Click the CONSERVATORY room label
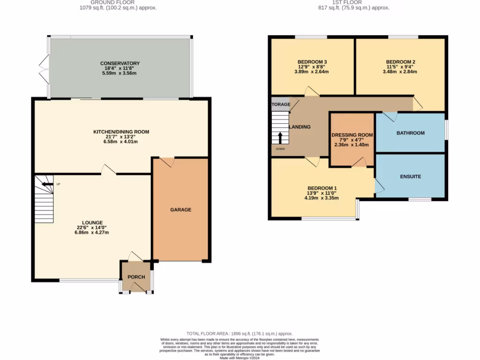click(120, 63)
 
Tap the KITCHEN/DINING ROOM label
click(121, 132)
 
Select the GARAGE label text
click(180, 210)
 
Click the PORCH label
click(136, 277)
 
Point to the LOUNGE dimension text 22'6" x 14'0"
click(92, 228)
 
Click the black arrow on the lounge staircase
click(47, 184)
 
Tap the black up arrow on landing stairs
click(280, 138)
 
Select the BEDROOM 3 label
click(312, 62)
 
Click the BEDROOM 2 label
click(400, 62)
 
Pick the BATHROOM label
click(410, 133)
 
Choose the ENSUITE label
click(410, 177)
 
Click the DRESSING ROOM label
click(352, 135)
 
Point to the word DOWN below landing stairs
click(280, 149)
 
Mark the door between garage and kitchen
click(167, 162)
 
